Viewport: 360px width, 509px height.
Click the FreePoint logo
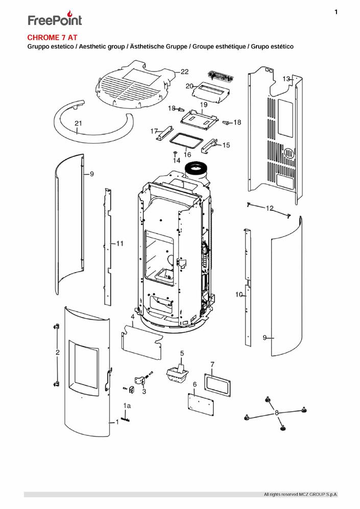(55, 19)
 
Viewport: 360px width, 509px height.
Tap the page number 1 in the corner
(336, 12)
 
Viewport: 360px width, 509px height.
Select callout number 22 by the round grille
(184, 71)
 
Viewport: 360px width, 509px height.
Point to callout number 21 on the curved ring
(78, 124)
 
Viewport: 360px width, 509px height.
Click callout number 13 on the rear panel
(286, 79)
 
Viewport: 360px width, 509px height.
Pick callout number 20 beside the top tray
(189, 86)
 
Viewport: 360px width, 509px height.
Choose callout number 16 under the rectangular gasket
(187, 154)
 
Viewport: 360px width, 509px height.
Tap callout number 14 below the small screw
(177, 160)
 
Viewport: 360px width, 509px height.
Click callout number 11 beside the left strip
(120, 244)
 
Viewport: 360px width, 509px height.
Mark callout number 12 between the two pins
(270, 208)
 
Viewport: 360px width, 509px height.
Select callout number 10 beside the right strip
(238, 295)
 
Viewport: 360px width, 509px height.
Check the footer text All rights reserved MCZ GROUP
(300, 495)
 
